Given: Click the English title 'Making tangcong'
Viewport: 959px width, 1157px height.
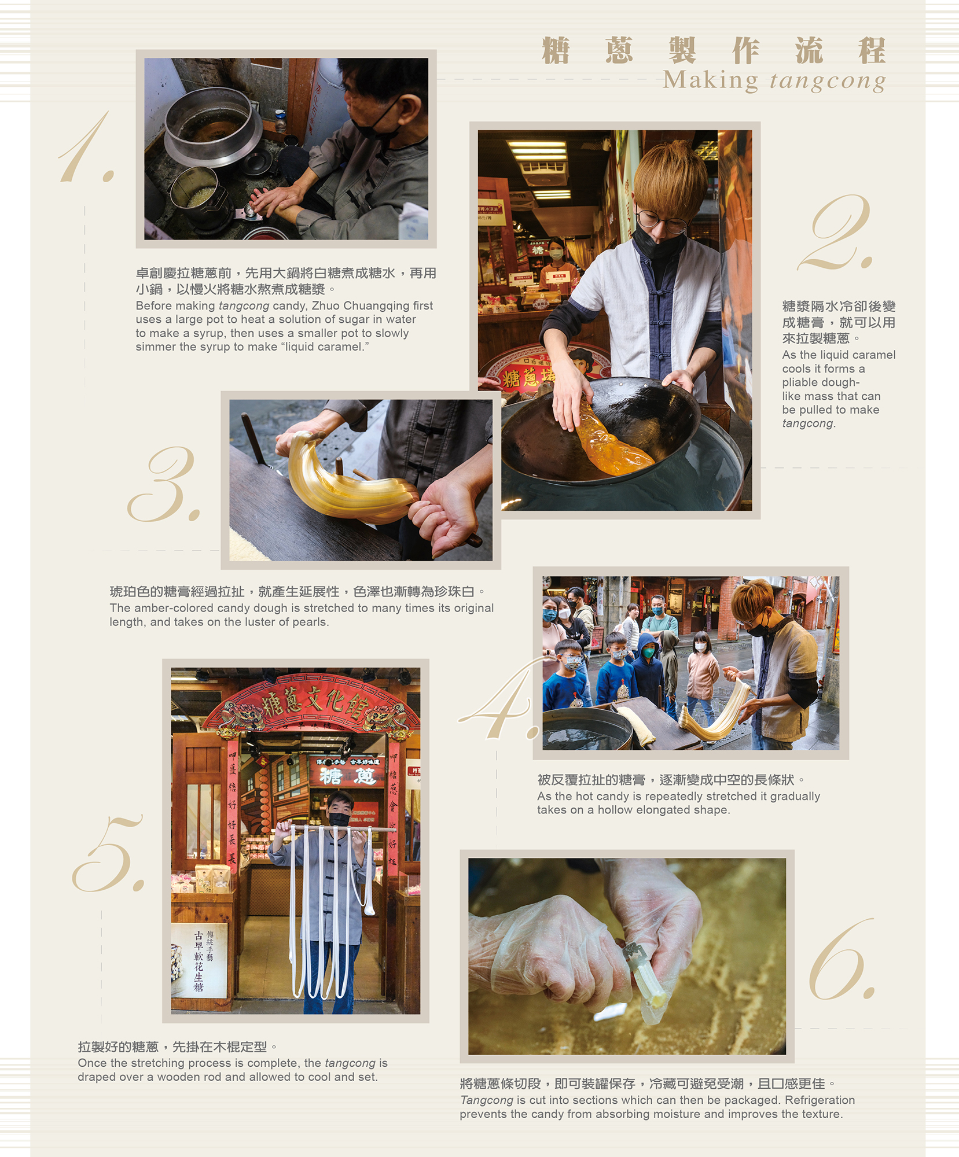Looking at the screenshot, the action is click(x=774, y=80).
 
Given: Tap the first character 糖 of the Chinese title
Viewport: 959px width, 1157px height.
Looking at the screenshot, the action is click(x=556, y=50).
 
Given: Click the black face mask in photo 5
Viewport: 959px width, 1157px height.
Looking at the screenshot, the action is click(x=339, y=819).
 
